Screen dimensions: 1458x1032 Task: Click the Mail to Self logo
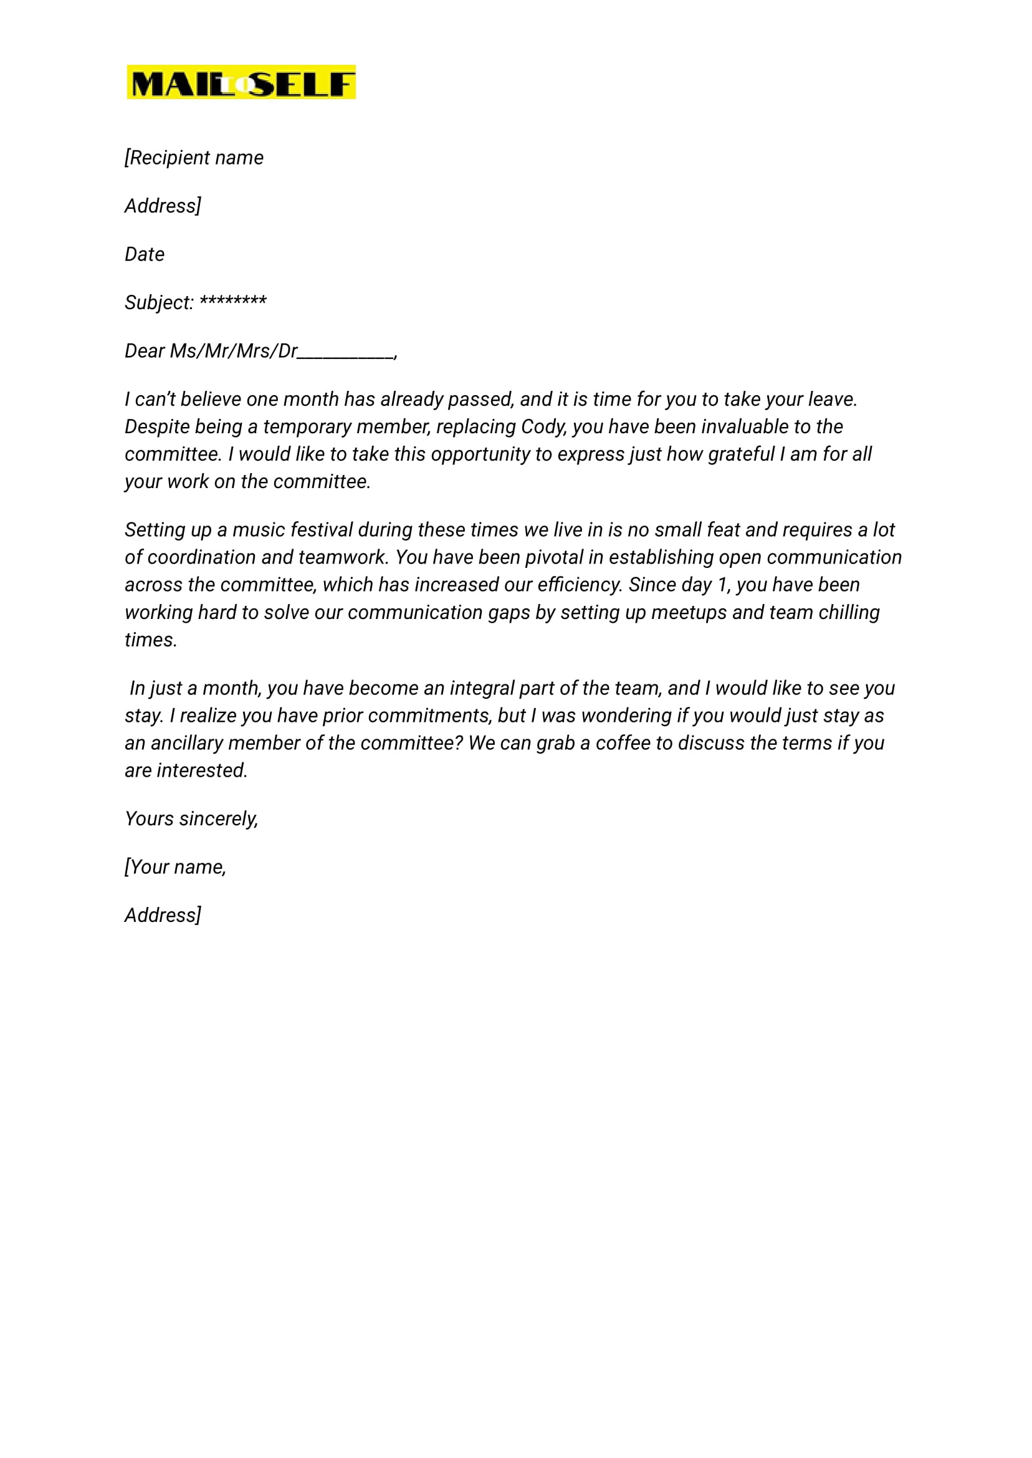[241, 82]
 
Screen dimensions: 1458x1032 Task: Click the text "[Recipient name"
[194, 158]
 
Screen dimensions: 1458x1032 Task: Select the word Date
[144, 254]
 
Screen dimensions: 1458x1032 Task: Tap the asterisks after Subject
[233, 300]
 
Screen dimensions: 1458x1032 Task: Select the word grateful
[741, 454]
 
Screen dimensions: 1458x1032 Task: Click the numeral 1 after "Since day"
[722, 585]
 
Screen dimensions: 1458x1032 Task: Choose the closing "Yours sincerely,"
[191, 818]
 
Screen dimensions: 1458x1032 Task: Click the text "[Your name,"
[175, 867]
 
